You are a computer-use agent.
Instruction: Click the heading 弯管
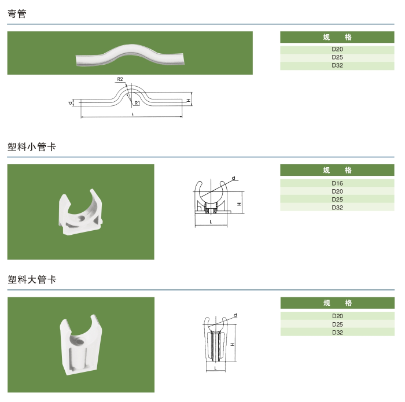tap(17, 14)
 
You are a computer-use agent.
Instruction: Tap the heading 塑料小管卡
tap(32, 147)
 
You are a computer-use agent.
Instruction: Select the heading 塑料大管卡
tap(32, 279)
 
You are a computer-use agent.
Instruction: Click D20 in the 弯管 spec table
tap(337, 49)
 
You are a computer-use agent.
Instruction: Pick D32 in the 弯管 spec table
tap(337, 65)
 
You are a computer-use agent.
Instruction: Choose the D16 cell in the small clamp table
tap(337, 183)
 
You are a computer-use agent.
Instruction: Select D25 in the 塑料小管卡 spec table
tap(337, 200)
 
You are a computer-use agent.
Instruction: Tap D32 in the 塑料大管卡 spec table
tap(337, 333)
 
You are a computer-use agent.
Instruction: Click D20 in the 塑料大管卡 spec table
tap(337, 316)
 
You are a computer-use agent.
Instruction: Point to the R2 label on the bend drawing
tap(120, 79)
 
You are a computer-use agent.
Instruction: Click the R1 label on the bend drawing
tap(137, 103)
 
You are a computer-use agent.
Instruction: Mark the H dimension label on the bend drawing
tap(189, 100)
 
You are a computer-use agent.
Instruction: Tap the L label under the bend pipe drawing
tap(132, 114)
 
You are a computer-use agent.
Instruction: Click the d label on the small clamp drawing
tap(234, 178)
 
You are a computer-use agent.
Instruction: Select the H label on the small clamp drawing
tap(239, 204)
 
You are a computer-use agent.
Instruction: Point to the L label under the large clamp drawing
tap(216, 368)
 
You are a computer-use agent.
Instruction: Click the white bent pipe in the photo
tap(130, 54)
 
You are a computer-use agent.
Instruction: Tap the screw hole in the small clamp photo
tap(82, 218)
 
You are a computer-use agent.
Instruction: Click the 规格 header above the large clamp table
tap(337, 303)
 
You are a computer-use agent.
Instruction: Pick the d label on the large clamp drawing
tap(235, 315)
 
